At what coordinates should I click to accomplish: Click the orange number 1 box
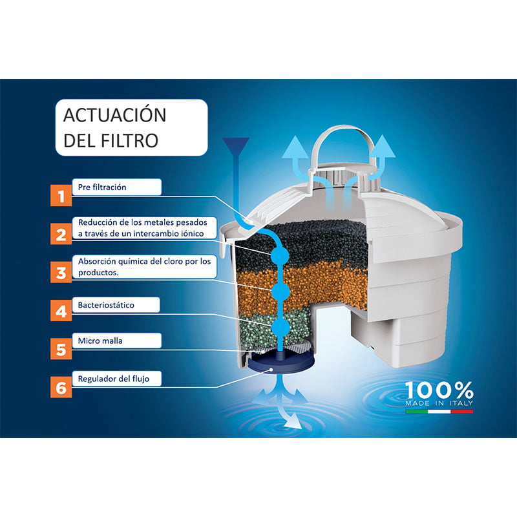[x=61, y=196]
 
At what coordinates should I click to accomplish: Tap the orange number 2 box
[x=61, y=234]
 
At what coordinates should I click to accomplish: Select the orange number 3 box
[x=61, y=272]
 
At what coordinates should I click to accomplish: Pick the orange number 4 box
[x=61, y=310]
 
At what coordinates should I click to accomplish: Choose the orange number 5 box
[x=61, y=348]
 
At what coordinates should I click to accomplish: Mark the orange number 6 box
[x=61, y=386]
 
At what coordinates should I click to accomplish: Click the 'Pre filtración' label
[x=102, y=187]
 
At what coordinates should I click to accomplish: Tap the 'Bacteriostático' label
[x=106, y=305]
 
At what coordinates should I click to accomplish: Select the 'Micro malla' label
[x=100, y=341]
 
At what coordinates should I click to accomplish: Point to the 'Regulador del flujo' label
[x=114, y=379]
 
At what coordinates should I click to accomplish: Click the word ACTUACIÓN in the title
[x=114, y=115]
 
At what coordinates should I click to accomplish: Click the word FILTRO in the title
[x=130, y=140]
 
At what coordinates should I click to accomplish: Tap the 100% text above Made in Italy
[x=439, y=390]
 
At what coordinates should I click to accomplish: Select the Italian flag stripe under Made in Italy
[x=439, y=412]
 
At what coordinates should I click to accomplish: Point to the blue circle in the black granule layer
[x=280, y=255]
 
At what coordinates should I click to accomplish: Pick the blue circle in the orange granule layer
[x=280, y=291]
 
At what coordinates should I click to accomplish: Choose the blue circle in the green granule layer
[x=280, y=327]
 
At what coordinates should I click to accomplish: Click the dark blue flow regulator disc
[x=280, y=362]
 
